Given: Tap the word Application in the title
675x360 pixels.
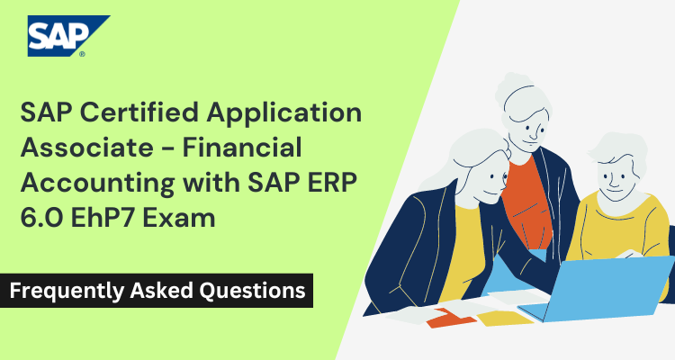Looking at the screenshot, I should click(292, 114).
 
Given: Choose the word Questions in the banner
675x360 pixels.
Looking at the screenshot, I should click(256, 292).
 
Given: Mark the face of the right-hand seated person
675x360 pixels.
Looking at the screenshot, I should click(615, 171).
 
